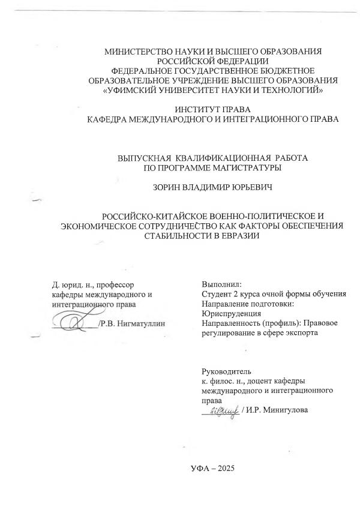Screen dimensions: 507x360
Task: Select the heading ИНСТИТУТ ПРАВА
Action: [212, 109]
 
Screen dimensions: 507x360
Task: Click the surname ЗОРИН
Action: [170, 187]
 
